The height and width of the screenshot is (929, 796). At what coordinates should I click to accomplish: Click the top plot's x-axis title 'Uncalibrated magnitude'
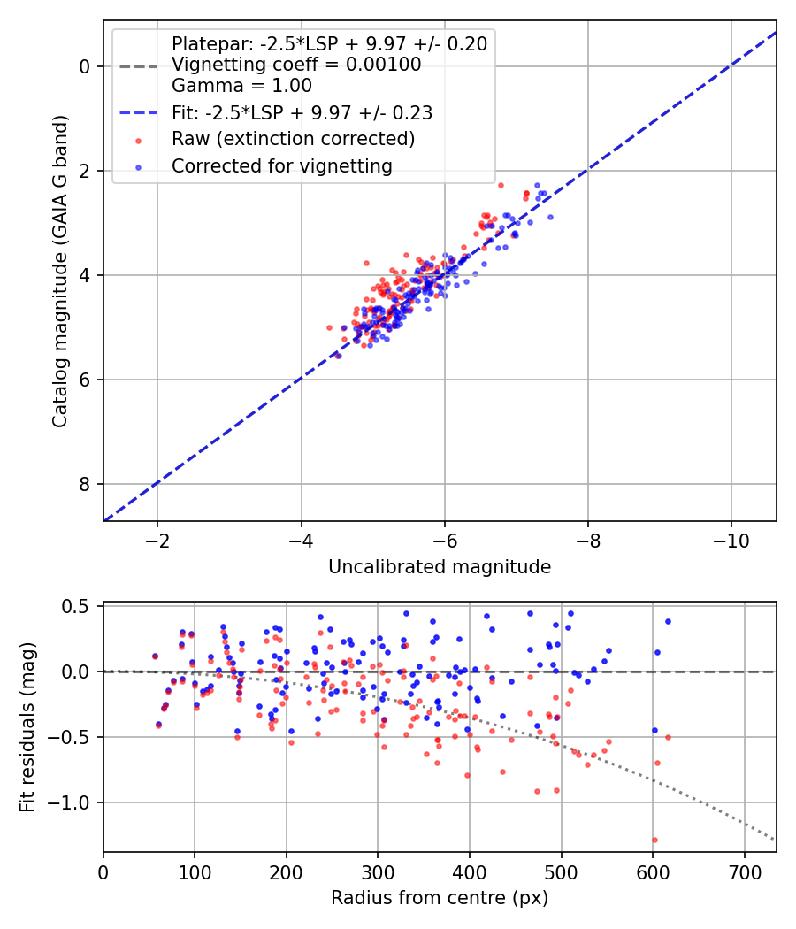click(440, 567)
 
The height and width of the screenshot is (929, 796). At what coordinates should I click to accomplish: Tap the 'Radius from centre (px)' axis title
click(440, 898)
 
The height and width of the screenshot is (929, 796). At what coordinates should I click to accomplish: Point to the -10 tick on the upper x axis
click(731, 541)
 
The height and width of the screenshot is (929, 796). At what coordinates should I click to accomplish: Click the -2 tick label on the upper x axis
click(157, 541)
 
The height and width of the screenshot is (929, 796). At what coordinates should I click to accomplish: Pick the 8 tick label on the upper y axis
click(85, 484)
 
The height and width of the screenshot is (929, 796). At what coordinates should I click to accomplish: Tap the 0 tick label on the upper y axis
click(85, 66)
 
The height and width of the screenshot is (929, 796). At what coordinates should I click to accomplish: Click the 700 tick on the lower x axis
click(744, 871)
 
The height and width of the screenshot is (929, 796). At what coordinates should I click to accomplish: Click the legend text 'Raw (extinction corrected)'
click(293, 139)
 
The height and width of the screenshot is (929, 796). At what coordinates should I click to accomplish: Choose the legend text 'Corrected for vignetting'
click(281, 165)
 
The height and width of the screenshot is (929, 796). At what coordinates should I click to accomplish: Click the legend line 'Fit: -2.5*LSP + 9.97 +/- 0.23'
click(138, 113)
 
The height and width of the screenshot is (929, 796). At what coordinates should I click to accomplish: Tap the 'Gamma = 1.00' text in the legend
click(241, 86)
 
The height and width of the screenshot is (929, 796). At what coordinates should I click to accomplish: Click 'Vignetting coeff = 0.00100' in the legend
click(295, 65)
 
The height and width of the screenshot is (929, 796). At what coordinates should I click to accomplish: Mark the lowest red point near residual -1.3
click(654, 840)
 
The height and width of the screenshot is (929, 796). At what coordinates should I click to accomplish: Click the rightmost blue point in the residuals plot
click(668, 621)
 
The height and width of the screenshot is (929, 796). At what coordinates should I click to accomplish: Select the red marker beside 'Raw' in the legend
click(138, 140)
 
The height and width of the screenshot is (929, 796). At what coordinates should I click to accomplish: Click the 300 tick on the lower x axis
click(378, 871)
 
